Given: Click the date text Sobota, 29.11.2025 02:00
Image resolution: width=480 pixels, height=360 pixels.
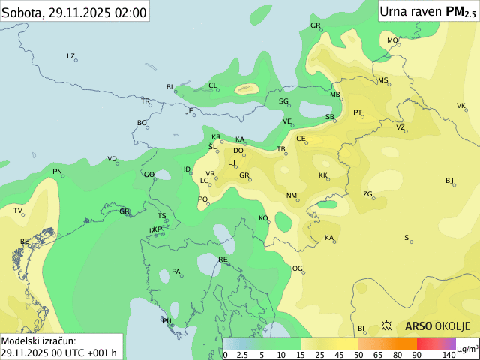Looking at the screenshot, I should (74, 11).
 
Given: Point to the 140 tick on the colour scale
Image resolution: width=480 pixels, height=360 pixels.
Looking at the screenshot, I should (448, 354).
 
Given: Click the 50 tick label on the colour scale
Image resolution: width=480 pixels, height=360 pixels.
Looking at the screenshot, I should (358, 354).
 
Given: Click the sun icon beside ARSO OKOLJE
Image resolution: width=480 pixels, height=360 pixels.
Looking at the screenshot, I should (388, 326).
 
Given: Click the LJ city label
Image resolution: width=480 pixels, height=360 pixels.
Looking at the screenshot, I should (232, 163).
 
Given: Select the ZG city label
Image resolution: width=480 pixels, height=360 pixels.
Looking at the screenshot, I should (367, 194).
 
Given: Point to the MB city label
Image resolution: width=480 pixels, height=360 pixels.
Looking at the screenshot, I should (335, 94).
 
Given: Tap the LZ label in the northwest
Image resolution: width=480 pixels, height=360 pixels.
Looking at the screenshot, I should (70, 56).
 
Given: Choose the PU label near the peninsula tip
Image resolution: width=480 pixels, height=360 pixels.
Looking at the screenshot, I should (166, 320).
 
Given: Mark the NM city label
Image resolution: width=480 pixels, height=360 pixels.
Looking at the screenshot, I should (291, 196).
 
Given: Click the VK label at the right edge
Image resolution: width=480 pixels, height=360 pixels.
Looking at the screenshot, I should (460, 106).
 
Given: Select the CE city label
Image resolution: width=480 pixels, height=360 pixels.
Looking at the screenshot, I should (301, 139).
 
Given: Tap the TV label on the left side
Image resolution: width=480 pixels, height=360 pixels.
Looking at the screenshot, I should (17, 211).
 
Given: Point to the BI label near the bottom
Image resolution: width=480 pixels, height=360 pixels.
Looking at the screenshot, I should (360, 328).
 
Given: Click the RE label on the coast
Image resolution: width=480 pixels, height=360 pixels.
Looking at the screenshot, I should (223, 259).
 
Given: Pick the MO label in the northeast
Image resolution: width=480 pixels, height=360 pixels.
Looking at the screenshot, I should (392, 40).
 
